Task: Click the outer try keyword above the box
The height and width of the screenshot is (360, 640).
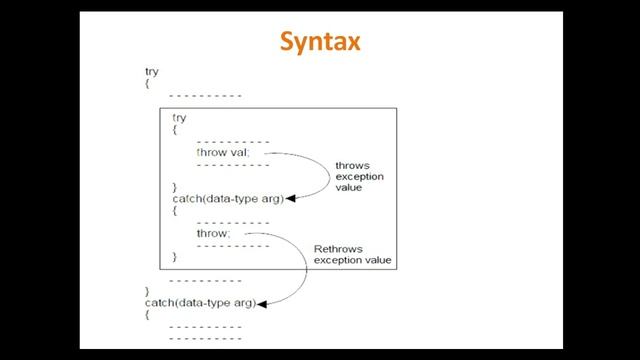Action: pos(152,72)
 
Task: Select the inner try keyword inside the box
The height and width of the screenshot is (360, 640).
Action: pos(179,118)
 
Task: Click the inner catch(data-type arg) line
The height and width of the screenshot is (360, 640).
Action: pos(229,198)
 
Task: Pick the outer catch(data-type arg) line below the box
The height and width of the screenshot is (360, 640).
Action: pos(201,302)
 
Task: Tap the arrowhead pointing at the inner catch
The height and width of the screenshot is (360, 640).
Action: pos(292,199)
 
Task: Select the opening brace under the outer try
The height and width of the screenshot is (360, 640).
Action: pos(148,84)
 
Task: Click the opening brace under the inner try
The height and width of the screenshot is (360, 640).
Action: pos(176,130)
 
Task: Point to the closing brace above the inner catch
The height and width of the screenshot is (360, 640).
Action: pos(176,187)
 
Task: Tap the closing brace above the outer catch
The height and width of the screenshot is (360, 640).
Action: pos(148,291)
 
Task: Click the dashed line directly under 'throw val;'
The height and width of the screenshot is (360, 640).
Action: pos(233,164)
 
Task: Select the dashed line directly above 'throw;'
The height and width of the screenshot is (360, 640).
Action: pos(233,222)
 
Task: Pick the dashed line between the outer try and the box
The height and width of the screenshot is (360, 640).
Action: pos(205,96)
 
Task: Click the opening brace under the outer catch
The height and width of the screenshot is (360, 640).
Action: pos(148,314)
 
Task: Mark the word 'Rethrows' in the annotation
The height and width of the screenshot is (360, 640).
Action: pos(337,248)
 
